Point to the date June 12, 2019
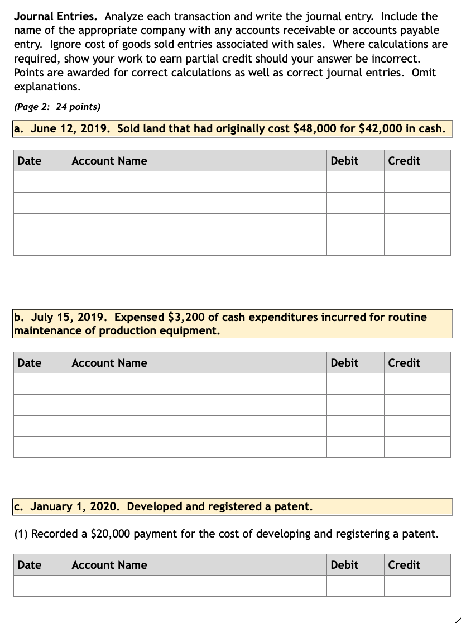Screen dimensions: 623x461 coord(71,129)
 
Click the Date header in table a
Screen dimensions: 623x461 coord(30,161)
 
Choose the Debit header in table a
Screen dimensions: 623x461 coord(344,161)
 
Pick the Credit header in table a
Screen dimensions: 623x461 coord(404,161)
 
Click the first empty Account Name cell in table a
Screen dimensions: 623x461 coord(197,181)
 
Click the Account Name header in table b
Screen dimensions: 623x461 coord(109,363)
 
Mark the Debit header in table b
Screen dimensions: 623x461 coord(344,363)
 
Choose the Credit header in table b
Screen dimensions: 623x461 coord(404,363)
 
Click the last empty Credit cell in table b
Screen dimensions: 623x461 coord(417,447)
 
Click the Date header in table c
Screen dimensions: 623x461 coord(30,565)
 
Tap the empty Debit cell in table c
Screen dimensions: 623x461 coord(355,586)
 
